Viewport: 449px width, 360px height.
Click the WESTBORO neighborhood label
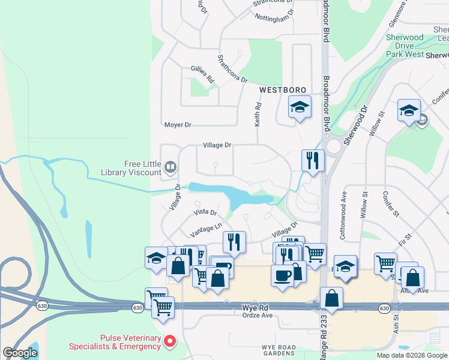pos(279,89)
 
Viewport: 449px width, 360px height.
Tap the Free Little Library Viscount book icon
pos(170,167)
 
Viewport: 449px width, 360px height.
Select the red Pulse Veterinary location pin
pos(170,342)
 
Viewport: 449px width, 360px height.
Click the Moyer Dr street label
pos(178,125)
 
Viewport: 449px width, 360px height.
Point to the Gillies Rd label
pos(202,74)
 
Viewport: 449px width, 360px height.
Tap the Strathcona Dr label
pos(232,69)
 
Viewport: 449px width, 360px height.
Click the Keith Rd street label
pos(258,113)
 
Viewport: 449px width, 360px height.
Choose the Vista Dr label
pos(205,212)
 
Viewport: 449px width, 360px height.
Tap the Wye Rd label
pos(253,307)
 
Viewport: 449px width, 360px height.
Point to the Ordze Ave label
pos(258,315)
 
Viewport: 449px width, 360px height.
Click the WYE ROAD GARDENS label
pos(279,350)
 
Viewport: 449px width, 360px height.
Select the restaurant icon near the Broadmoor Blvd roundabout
pos(312,160)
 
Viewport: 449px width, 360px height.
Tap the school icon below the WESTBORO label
pos(299,107)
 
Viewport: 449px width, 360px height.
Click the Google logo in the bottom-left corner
pos(20,352)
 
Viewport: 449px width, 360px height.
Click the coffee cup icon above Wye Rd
pos(283,275)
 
